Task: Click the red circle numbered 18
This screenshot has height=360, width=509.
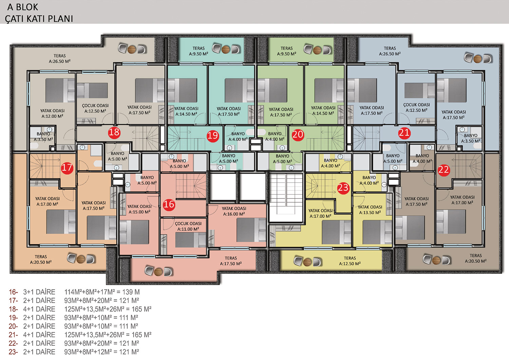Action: (114, 132)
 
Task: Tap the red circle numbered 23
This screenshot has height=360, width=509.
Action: (343, 188)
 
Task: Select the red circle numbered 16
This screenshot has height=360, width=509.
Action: (169, 204)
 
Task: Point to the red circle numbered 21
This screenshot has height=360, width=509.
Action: (404, 133)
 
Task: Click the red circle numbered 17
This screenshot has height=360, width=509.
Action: (67, 168)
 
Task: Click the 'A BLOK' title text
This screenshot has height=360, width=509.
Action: (23, 7)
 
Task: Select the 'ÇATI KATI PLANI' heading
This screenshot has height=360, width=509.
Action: (39, 19)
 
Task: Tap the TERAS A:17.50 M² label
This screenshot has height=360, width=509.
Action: (231, 261)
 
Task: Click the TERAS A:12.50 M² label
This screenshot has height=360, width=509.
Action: (350, 261)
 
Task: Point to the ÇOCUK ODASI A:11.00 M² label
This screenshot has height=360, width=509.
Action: (188, 226)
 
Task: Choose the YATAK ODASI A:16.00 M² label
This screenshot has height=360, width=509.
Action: (234, 211)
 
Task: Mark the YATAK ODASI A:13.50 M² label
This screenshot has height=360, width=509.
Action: (370, 210)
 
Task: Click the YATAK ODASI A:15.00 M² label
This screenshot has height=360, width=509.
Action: (139, 209)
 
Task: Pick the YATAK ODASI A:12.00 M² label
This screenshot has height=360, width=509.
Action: (52, 113)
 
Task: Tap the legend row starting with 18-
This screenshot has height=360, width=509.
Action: (80, 309)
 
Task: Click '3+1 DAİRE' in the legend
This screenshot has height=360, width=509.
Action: (39, 292)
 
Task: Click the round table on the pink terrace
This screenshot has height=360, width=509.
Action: (158, 271)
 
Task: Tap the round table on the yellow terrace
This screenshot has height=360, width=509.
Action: (307, 262)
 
